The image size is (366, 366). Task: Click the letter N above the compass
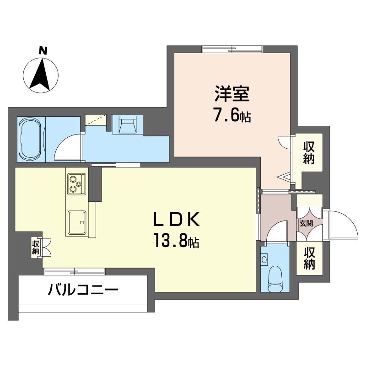point(43,50)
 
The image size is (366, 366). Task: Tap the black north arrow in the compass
point(41,75)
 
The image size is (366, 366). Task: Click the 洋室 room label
point(232,94)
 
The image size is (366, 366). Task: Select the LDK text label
point(176,219)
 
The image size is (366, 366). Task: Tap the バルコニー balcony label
point(83,290)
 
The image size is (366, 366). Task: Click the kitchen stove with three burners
point(76,184)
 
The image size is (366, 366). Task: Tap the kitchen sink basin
point(77,222)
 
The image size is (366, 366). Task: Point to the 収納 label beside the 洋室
point(308,153)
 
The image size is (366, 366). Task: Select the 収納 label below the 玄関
point(309,258)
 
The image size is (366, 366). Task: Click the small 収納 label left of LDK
point(36,248)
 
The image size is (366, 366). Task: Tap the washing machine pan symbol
point(127,124)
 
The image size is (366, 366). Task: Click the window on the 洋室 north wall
point(232,49)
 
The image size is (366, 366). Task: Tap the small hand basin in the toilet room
point(264,259)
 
